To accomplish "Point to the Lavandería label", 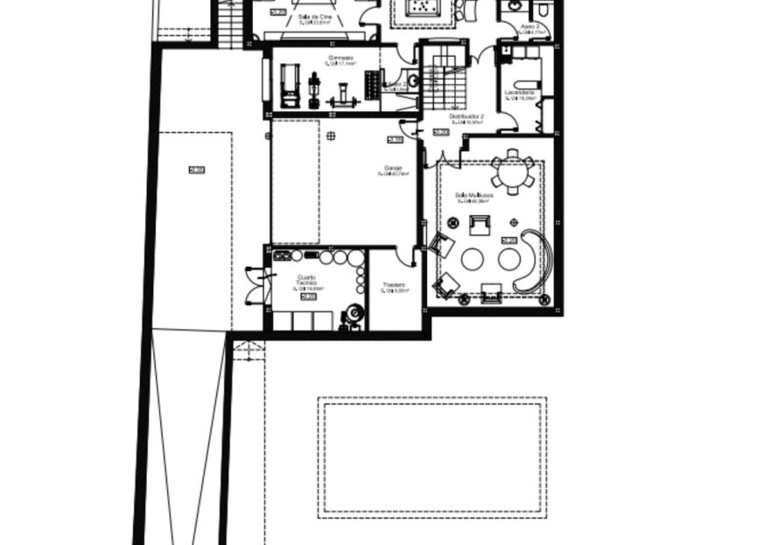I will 519,92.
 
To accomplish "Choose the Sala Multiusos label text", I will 473,195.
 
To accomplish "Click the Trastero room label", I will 392,285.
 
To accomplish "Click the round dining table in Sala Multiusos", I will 512,171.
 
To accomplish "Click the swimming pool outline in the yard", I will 432,458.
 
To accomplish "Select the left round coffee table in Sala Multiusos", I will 473,259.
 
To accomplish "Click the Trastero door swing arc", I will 403,255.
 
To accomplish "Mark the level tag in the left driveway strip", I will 196,170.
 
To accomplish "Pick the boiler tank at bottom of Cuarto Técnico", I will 354,315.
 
